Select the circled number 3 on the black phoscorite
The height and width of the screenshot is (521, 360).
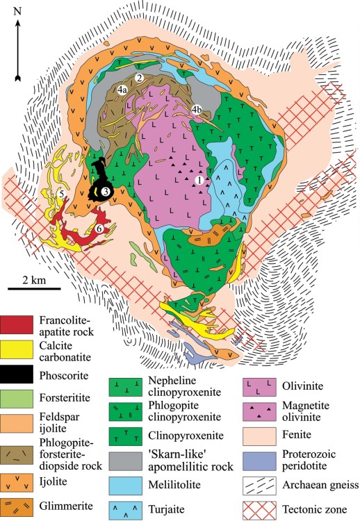click(105, 190)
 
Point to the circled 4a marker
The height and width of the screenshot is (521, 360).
click(122, 90)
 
